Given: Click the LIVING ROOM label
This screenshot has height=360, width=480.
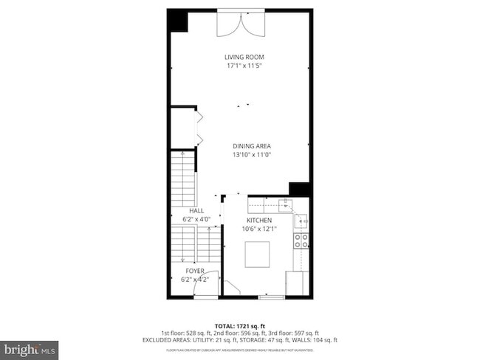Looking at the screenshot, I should pos(244,57).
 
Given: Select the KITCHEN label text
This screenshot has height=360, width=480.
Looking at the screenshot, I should pos(259,220).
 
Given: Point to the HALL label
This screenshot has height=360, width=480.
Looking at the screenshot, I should pos(196,211).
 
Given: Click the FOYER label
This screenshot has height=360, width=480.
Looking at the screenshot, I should pos(196,271).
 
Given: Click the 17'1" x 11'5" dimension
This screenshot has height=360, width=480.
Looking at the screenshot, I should pos(244,66).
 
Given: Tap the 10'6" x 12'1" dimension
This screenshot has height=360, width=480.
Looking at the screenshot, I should pos(259,229).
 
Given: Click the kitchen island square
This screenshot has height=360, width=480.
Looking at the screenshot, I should pos(257,255).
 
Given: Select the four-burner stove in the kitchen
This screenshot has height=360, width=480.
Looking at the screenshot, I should pos(301,240).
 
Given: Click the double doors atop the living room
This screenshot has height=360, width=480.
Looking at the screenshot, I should pos(239,24).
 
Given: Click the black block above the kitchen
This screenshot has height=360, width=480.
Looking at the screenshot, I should pos(299,189).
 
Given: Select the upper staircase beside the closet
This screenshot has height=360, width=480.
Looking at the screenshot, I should pos(183,179).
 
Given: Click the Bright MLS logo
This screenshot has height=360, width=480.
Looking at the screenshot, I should pos(30,347).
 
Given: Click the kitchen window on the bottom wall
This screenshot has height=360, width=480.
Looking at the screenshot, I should pos(271,297).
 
